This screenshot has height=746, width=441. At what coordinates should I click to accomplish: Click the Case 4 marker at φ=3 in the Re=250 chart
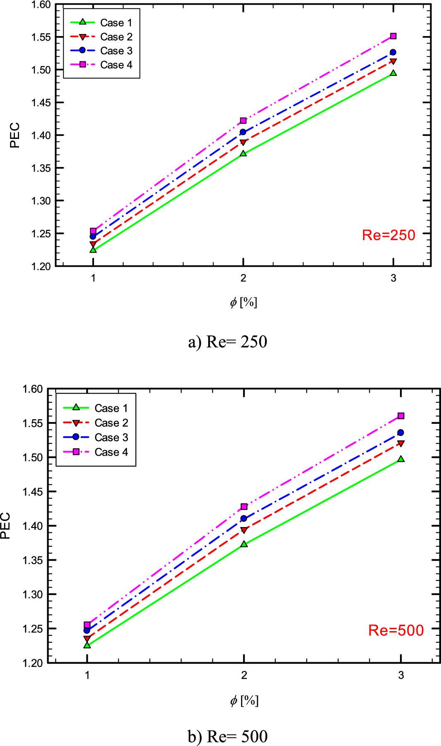coord(393,36)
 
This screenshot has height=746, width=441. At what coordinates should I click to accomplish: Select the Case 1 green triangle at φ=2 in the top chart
coord(243,153)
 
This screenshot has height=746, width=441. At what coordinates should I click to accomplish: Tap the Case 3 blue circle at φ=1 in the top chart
coord(93,236)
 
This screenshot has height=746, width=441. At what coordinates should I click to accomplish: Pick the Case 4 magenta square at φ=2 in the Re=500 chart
coord(244,507)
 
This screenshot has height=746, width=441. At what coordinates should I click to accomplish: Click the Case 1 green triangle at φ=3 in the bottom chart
coord(401,459)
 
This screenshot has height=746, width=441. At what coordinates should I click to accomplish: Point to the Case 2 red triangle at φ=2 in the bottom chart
coord(244,530)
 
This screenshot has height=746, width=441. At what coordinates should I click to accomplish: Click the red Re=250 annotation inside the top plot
coord(388,235)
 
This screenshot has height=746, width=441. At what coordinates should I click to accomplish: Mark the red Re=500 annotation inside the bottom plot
coord(396,630)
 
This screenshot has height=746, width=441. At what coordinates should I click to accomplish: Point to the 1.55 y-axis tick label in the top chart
coord(41,37)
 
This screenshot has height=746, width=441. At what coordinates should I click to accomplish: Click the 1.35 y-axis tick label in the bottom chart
coord(32,560)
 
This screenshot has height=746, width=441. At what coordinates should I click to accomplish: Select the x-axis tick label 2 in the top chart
coord(243,278)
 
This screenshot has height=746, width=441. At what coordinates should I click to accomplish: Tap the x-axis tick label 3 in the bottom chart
coord(401,676)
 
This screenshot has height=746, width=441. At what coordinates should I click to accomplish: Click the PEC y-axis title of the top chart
coord(15,135)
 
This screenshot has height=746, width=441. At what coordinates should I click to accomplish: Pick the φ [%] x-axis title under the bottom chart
coord(244,701)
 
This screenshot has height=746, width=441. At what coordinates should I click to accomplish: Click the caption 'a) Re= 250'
coord(227,342)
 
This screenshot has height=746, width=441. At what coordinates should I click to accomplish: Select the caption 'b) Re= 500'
coord(227,736)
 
